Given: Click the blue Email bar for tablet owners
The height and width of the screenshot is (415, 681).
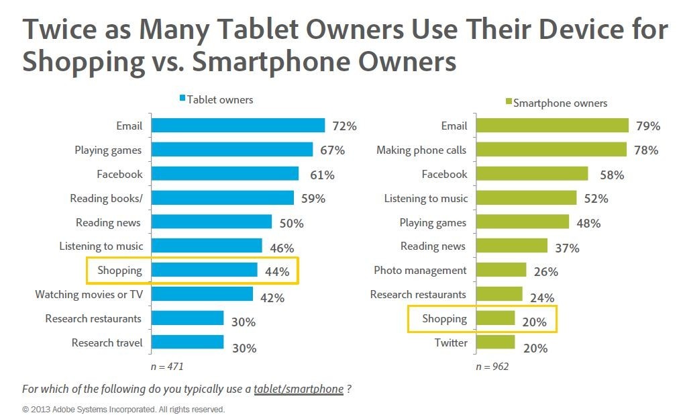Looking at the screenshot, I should pos(238,126).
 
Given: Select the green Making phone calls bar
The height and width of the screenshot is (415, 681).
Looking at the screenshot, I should pos(551,150).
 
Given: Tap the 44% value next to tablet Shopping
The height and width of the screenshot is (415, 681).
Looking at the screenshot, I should pos(276,272).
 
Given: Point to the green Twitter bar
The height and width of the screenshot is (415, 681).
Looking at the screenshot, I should pos(494,342).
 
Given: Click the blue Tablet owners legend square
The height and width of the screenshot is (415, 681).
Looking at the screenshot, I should pos(182,99).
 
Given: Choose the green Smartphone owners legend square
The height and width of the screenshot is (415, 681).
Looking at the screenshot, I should pos(508,103).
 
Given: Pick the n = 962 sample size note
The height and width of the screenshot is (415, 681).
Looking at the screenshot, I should pos(492,367).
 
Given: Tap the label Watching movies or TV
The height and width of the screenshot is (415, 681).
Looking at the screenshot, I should pos(89,294).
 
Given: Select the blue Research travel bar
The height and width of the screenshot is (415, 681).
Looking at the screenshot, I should pos(187,342).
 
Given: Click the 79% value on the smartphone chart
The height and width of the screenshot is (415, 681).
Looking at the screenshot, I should pos(647,126).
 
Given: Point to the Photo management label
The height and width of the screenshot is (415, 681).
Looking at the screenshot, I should pos(420,270).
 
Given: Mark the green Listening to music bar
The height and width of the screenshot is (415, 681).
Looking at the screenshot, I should pos(525,198).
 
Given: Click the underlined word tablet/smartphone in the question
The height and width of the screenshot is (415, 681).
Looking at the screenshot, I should pos(298,389).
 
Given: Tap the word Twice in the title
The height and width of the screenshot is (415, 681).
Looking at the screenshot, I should pos(58,30).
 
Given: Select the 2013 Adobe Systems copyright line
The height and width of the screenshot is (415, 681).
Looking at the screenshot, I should pos(124,409).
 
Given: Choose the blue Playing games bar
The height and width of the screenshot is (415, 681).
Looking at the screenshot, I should pos(231,150).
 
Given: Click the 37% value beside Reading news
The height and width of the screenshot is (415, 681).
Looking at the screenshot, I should pos(568,248).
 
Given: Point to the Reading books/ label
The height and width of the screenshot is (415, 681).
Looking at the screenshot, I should pos(107,198).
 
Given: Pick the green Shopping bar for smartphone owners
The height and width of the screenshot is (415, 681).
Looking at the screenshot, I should pos(494,318).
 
